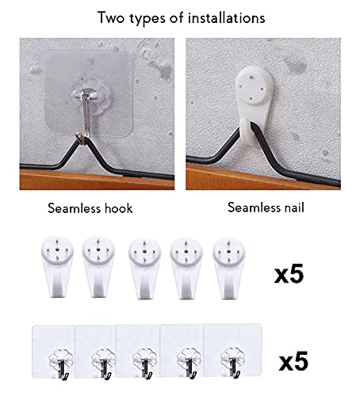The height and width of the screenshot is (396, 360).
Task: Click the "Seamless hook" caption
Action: [x=89, y=209]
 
